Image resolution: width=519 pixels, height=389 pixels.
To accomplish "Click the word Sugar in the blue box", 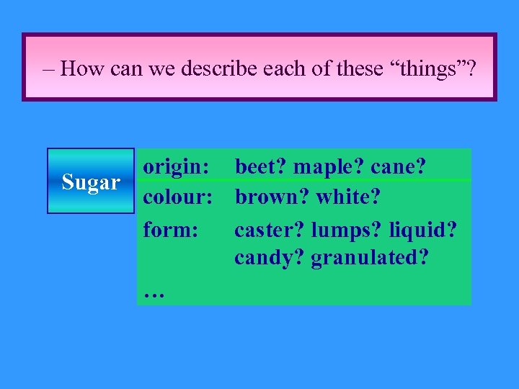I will [91, 182].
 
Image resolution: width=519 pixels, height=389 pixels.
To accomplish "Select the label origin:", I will [177, 167].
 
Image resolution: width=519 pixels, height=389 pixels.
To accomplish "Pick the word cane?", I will [399, 167].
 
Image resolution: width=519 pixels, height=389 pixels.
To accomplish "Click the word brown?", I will [272, 197].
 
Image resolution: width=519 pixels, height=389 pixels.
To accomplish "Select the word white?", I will [350, 197].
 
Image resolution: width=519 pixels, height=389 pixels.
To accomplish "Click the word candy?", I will [269, 257].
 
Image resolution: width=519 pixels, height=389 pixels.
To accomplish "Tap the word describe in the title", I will [216, 68].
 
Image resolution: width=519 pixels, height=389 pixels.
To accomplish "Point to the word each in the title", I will [284, 68].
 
